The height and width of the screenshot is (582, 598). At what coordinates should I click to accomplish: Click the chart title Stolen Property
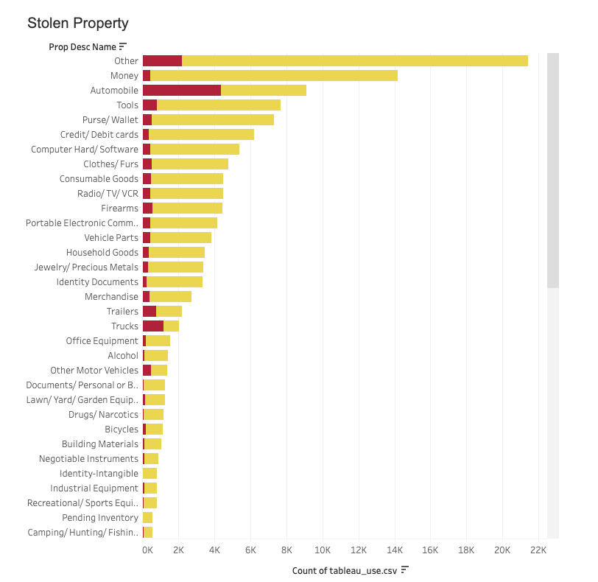click(x=77, y=24)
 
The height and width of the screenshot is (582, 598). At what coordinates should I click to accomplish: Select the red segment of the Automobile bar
click(x=181, y=90)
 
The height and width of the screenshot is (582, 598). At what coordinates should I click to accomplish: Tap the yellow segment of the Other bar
click(x=353, y=60)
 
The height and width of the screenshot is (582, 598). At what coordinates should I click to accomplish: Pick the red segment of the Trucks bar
click(x=152, y=326)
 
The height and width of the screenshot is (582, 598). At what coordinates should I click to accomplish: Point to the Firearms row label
click(x=119, y=208)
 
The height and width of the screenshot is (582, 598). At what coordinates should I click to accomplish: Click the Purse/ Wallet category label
click(x=110, y=119)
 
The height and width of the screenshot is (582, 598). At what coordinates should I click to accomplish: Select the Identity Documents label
click(x=97, y=281)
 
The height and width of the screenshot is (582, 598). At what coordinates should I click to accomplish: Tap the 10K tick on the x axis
click(x=322, y=550)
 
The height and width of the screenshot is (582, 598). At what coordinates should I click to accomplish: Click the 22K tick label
click(x=538, y=550)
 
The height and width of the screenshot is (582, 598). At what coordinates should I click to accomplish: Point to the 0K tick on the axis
click(x=147, y=550)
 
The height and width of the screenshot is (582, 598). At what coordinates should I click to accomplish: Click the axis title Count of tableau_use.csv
click(x=345, y=570)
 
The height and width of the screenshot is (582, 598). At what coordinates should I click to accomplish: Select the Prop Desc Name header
click(x=82, y=46)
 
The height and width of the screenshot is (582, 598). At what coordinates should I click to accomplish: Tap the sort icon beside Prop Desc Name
click(x=123, y=46)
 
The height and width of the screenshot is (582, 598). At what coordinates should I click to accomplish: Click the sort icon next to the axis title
click(x=404, y=569)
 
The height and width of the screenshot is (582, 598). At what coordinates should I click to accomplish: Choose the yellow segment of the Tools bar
click(x=218, y=105)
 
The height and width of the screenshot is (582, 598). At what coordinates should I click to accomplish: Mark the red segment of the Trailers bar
click(x=149, y=311)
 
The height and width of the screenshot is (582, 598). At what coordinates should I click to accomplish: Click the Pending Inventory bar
click(x=147, y=517)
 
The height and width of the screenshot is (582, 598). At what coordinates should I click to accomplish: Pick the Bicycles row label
click(x=122, y=429)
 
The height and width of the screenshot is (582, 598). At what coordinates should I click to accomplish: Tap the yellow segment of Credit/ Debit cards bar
click(x=200, y=134)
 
